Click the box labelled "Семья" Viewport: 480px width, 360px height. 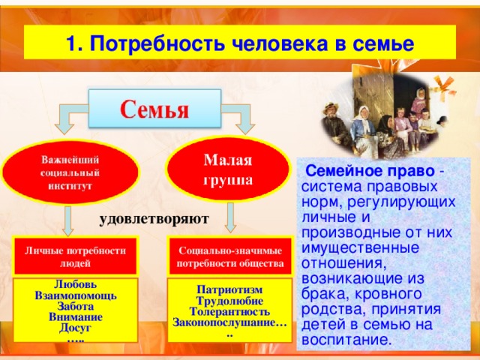pos(155,108)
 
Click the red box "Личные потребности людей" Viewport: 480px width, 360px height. pos(74,256)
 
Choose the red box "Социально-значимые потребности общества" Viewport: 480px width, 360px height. pos(229,256)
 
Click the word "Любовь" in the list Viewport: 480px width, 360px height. pos(73,285)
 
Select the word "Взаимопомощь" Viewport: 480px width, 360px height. pos(73,295)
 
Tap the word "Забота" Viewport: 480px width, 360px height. pos(73,306)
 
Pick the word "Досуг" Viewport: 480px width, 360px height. pos(73,328)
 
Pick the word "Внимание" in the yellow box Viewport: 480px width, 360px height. pos(73,317)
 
